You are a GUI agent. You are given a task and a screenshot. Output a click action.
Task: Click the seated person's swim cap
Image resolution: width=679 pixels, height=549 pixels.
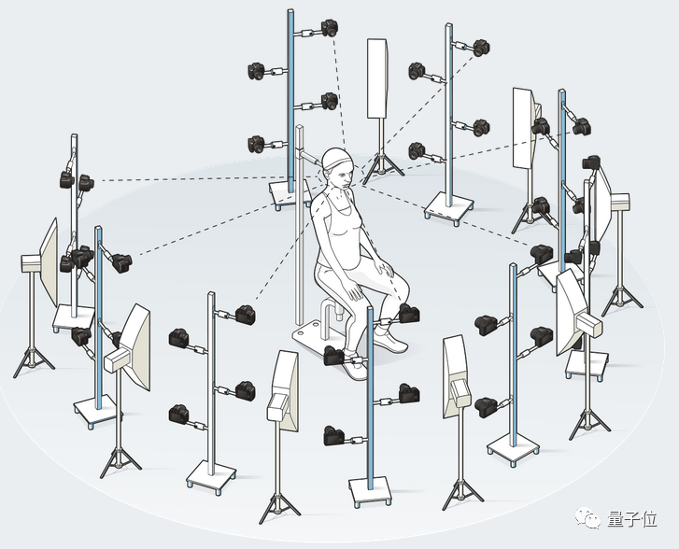coord(338,159)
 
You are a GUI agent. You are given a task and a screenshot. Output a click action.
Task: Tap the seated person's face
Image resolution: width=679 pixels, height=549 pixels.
coord(345,176)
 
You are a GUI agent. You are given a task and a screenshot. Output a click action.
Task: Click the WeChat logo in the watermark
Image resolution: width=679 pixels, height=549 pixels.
coord(587,517)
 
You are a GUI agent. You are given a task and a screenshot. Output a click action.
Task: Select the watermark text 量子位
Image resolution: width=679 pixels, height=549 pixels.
coord(631,519)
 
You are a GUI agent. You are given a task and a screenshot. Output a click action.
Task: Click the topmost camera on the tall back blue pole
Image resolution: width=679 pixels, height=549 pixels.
coord(330,28)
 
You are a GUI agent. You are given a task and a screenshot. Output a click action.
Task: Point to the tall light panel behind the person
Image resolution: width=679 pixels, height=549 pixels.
coord(376,78)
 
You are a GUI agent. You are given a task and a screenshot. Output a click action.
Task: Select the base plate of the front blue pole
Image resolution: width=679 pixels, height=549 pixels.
coord(370,490)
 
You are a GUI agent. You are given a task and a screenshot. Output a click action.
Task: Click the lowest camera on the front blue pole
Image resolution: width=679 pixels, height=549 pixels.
coord(333,436)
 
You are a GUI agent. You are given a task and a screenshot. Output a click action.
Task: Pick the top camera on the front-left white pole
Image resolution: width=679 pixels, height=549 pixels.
coord(245,315)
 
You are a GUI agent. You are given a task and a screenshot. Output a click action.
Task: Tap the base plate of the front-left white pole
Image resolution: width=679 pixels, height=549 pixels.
coord(211,476)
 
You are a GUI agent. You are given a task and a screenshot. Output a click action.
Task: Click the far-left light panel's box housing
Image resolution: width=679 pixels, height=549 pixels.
coord(31,263)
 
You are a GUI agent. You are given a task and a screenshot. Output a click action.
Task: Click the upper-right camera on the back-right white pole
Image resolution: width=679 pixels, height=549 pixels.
coord(481,48)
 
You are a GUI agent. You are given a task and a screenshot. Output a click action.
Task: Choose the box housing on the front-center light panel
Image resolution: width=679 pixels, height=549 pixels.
coord(278,407)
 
